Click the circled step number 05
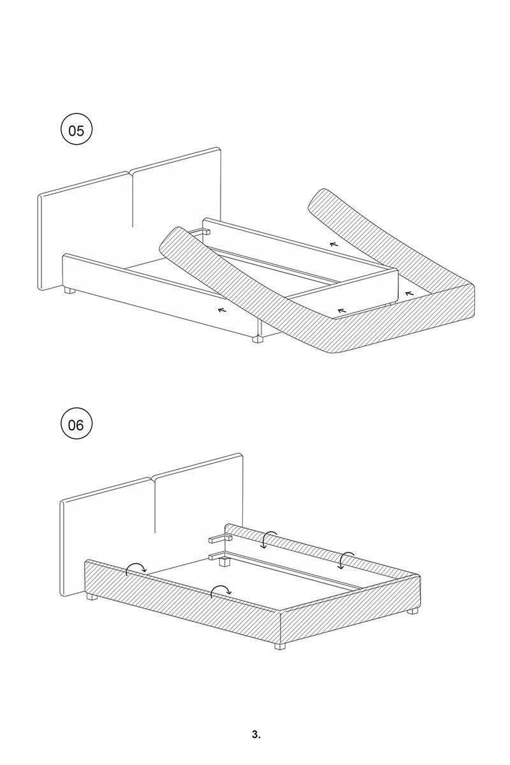click(76, 131)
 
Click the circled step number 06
click(76, 425)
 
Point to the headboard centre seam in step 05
click(132, 198)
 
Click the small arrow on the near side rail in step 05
click(222, 310)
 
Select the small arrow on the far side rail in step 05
click(333, 244)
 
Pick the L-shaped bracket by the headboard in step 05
click(202, 231)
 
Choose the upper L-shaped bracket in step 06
click(221, 539)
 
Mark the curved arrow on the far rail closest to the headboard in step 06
click(268, 537)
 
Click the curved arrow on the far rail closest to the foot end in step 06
click(346, 557)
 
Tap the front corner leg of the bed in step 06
click(279, 646)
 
